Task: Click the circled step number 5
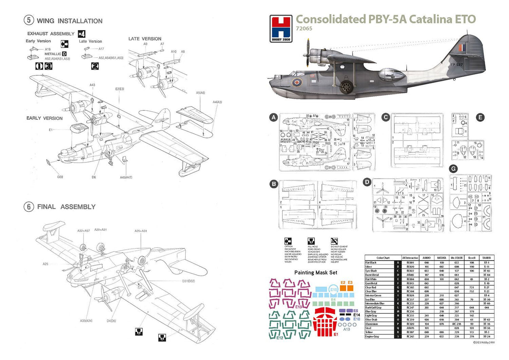pos(29,21)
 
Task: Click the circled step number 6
pos(29,206)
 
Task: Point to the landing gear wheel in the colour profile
pos(346,87)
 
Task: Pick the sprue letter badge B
pos(273,184)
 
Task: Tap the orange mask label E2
pos(343,283)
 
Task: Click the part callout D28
pos(60,177)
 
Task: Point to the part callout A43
pos(92,85)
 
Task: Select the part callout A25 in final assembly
pos(45,264)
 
